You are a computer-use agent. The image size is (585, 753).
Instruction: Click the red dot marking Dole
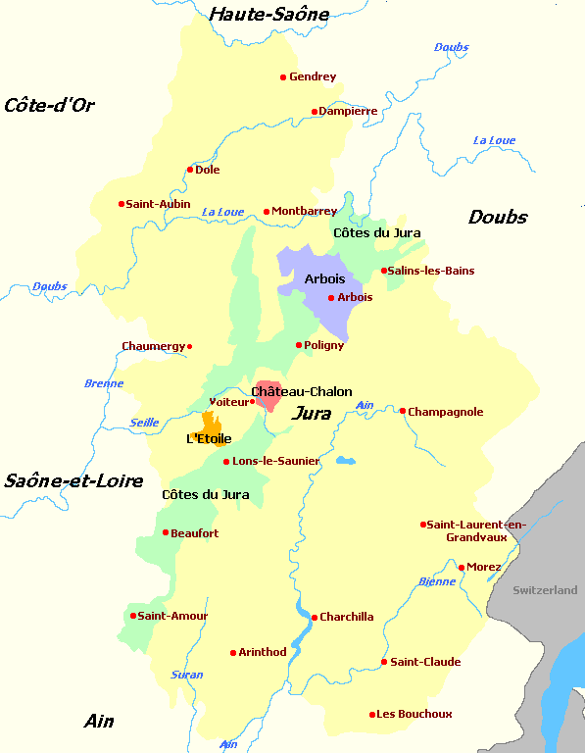[x=190, y=170]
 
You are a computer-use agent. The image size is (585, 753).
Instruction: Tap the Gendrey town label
[x=313, y=76]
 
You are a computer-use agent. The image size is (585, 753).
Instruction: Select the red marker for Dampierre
[x=315, y=112]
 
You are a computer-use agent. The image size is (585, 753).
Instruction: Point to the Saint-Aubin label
[x=158, y=204]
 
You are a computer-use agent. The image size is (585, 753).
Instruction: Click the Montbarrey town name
[x=305, y=211]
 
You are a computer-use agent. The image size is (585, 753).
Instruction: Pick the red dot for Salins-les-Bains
[x=383, y=271]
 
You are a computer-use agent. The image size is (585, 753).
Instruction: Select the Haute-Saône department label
[x=269, y=14]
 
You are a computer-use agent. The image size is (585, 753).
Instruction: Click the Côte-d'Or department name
[x=49, y=105]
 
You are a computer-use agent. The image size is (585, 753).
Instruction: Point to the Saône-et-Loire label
[x=73, y=480]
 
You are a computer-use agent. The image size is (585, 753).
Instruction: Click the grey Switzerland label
[x=546, y=590]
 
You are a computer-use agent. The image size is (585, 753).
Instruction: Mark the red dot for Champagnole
[x=403, y=411]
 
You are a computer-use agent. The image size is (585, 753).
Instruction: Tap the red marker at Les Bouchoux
[x=372, y=714]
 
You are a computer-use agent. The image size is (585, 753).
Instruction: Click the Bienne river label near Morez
[x=437, y=581]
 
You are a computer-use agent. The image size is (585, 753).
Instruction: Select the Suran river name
[x=187, y=675]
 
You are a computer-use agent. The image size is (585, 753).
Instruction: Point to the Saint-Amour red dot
[x=133, y=616]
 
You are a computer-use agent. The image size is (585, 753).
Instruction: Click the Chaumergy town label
[x=152, y=346]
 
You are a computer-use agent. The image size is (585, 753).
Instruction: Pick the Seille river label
[x=144, y=423]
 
